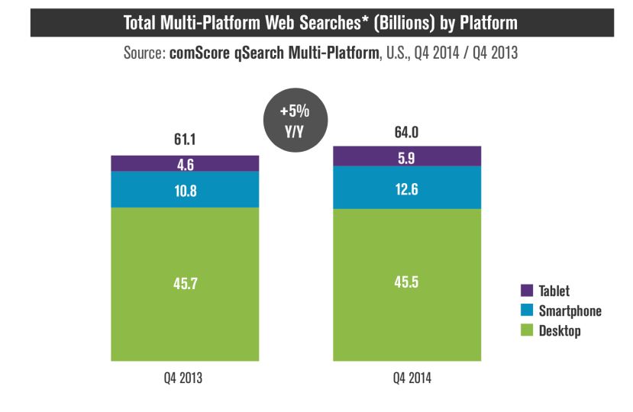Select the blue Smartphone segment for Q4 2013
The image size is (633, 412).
click(221, 189)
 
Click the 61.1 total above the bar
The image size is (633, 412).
click(185, 141)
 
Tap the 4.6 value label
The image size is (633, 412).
click(185, 163)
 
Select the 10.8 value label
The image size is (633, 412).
click(185, 190)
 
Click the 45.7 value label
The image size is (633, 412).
click(185, 283)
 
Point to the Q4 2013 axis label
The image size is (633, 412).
click(185, 377)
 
